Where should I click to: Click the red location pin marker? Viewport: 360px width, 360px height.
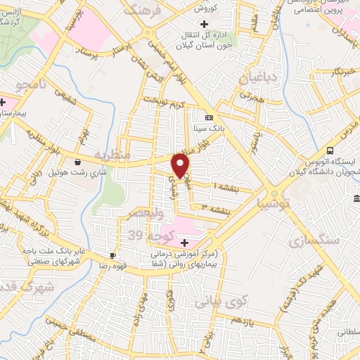coord(181,165)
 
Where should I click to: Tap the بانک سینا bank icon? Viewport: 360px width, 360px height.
coord(209,117)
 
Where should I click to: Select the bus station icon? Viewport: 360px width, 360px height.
coord(330,150)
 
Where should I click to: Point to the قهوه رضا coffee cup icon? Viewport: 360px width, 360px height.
coord(112,256)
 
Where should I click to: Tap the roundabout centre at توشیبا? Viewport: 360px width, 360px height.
coord(274,193)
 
